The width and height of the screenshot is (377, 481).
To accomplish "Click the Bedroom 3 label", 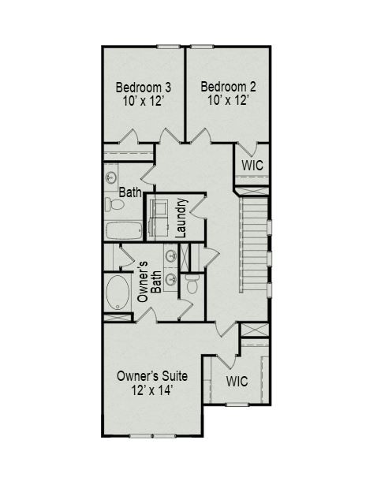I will click(x=144, y=87).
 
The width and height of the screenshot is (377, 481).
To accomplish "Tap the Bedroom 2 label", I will click(x=227, y=87).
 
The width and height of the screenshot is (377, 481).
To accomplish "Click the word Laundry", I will click(x=181, y=218).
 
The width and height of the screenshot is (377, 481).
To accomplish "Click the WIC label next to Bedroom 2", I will click(x=252, y=166).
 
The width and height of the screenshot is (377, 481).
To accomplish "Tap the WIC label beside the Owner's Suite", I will click(x=237, y=381).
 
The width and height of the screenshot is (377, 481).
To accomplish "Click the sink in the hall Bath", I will click(x=111, y=177).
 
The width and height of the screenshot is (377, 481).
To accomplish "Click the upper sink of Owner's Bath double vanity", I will click(x=171, y=255).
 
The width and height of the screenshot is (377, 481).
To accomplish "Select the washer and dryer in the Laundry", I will click(x=159, y=215).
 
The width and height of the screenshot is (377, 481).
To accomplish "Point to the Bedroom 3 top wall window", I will click(x=167, y=47).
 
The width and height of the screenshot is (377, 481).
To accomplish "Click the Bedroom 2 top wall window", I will click(x=202, y=47).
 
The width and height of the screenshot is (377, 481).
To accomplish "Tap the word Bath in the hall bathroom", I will click(x=129, y=192).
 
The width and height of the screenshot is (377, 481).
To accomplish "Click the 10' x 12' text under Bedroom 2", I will click(x=227, y=102).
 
